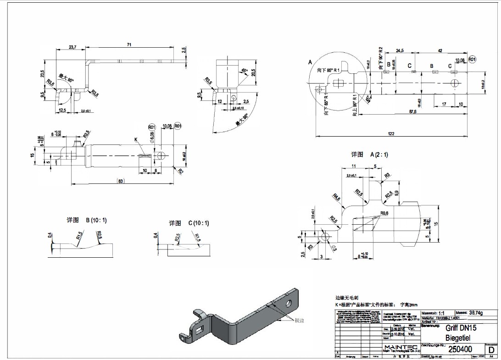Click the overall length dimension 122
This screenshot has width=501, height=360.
coord(392,133)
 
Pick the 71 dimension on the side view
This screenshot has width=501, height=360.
coord(129,44)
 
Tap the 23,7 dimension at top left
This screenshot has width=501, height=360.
coord(72,47)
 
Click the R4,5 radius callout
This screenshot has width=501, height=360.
coord(337,198)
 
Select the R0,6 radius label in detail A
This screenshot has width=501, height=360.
coord(384,213)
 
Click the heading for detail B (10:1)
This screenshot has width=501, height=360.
coord(87,220)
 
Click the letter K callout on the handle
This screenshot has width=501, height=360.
coord(136,139)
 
